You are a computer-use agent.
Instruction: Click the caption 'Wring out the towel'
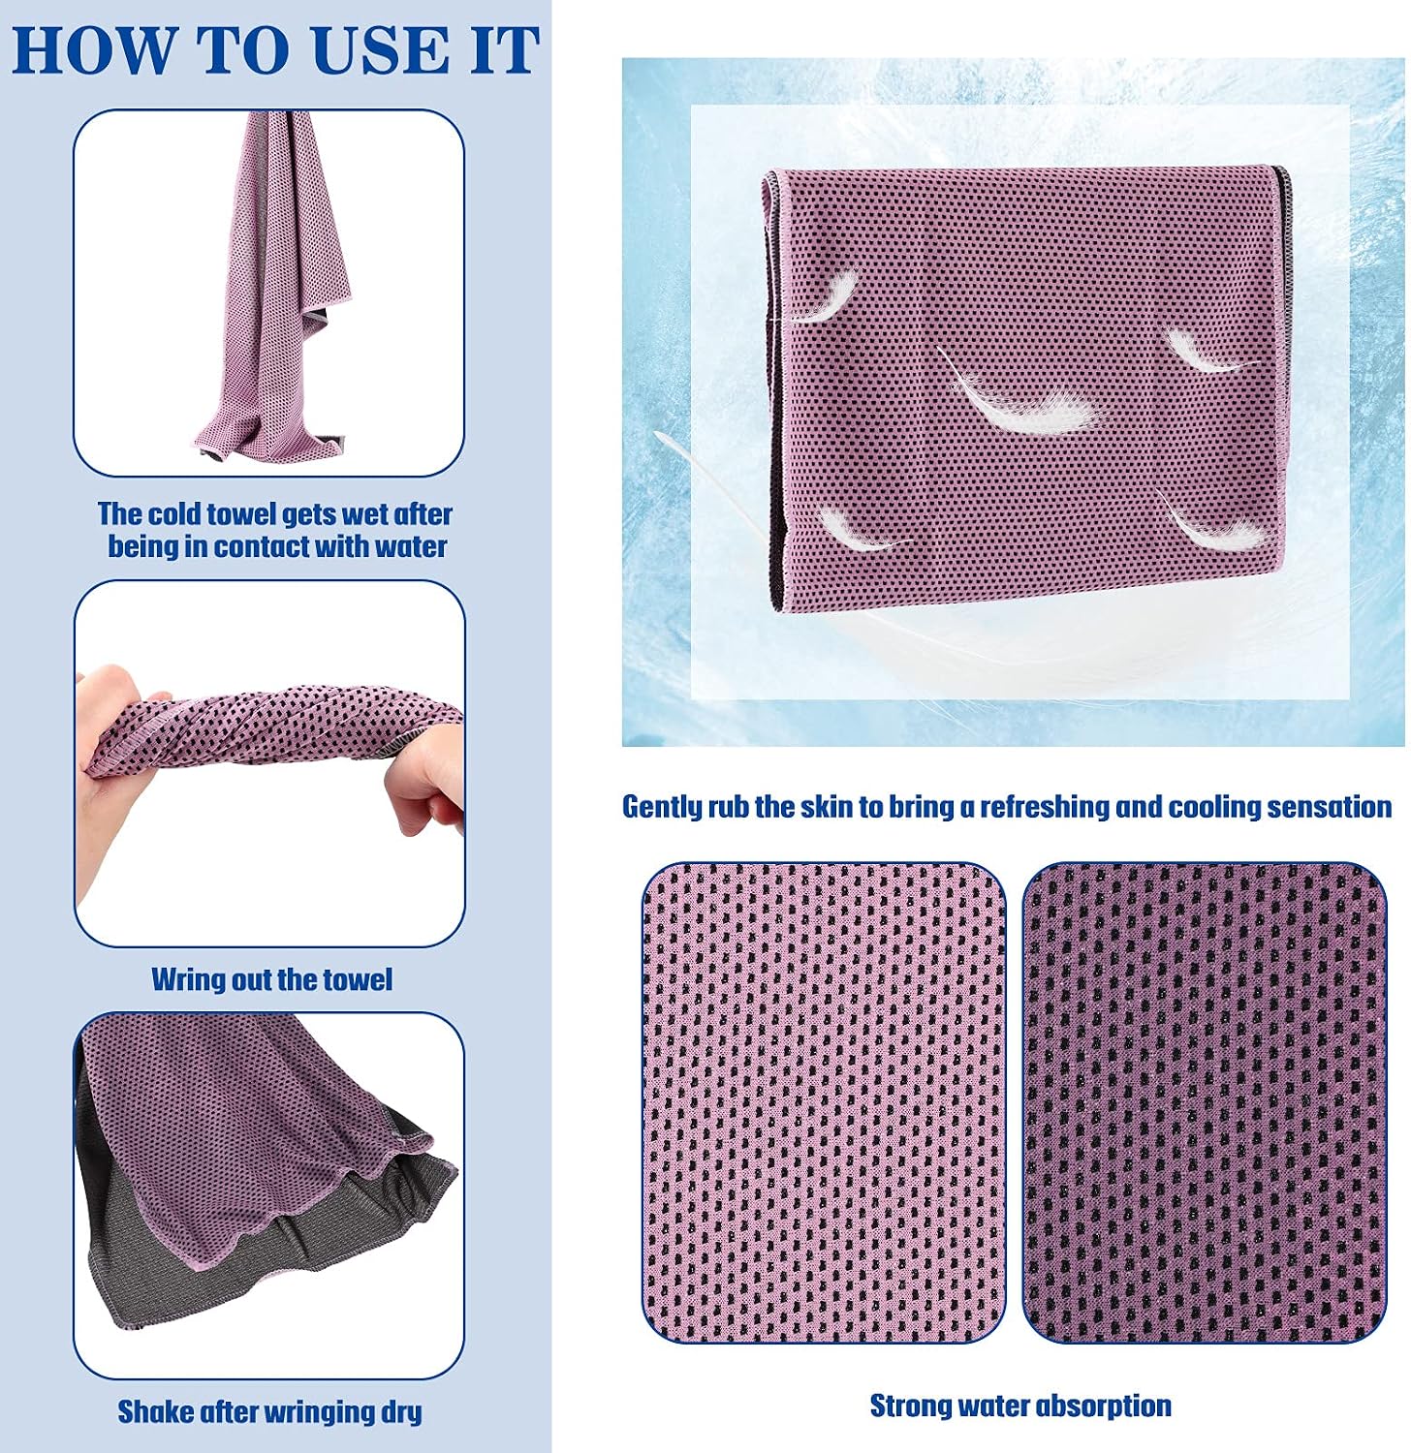pos(271,979)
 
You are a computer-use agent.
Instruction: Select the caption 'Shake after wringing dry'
pos(269,1411)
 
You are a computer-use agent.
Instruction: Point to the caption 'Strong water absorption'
pos(1020,1406)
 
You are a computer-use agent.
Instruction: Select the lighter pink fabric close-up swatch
pos(824,1102)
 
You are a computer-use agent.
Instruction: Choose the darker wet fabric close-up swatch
pos(1205,1102)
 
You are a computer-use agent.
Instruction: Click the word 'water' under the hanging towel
pos(410,546)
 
